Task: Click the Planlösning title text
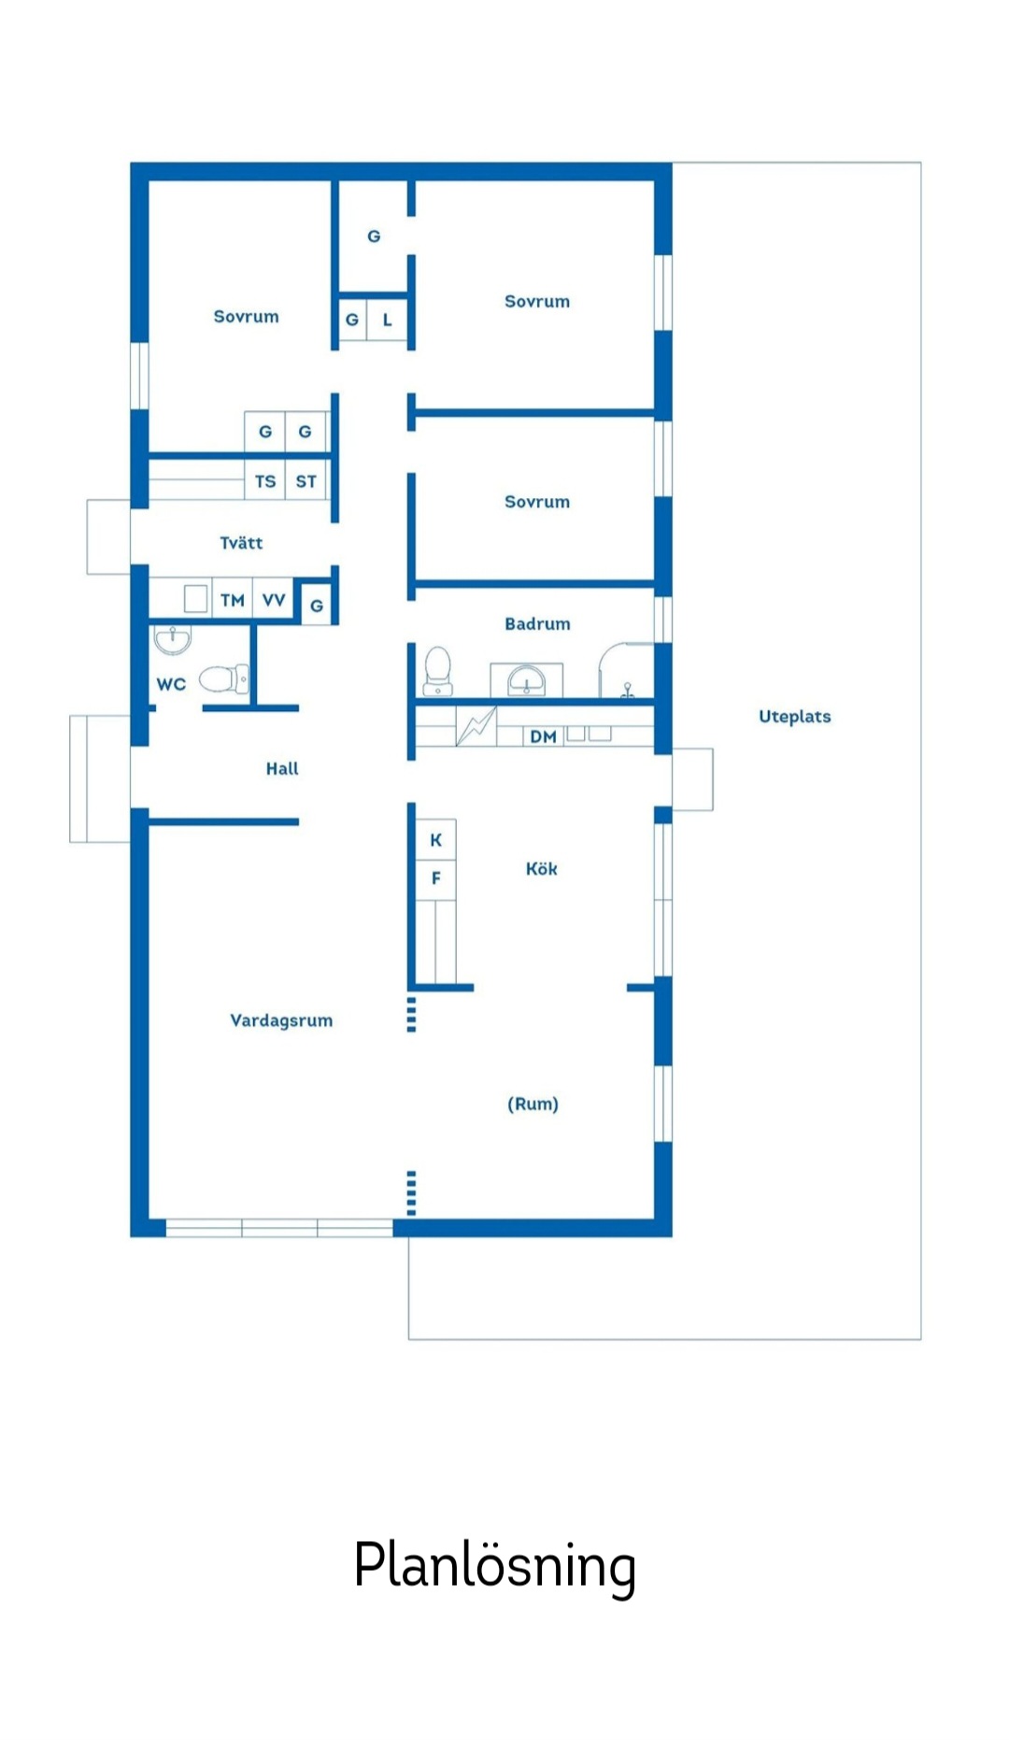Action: click(494, 1564)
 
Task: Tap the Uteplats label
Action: click(794, 717)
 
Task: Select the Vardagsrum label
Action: click(281, 1020)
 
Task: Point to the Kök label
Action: click(541, 869)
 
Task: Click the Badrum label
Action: click(537, 624)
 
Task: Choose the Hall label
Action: click(282, 769)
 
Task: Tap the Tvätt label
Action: click(241, 543)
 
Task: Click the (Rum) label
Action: click(533, 1104)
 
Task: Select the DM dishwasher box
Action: click(543, 736)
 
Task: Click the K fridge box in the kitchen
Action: click(435, 840)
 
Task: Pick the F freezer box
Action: click(435, 878)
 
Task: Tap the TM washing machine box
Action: click(233, 600)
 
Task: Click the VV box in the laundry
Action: click(274, 600)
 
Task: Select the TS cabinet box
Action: click(265, 481)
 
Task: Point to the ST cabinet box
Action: click(306, 481)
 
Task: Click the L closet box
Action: click(388, 320)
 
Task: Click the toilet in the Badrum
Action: click(438, 671)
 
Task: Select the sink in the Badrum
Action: click(526, 680)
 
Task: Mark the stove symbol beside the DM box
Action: click(476, 726)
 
